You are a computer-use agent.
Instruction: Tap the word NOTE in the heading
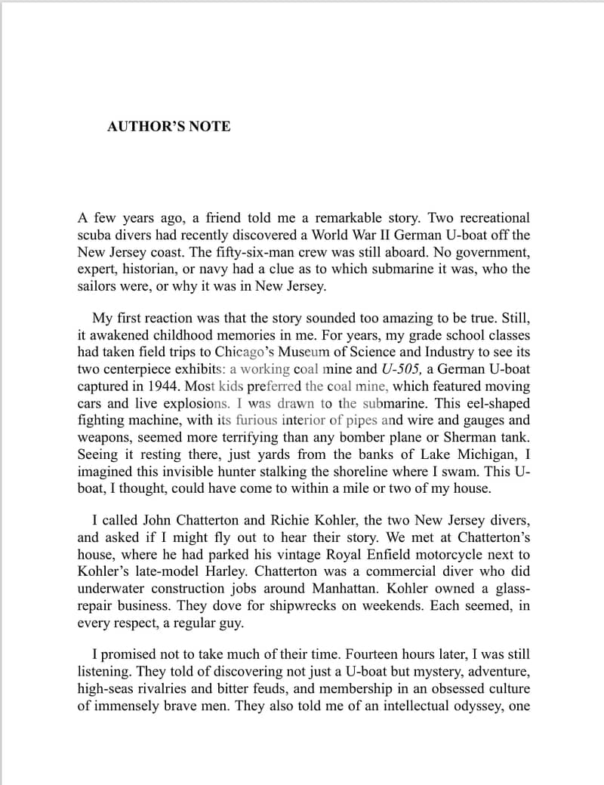(210, 127)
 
